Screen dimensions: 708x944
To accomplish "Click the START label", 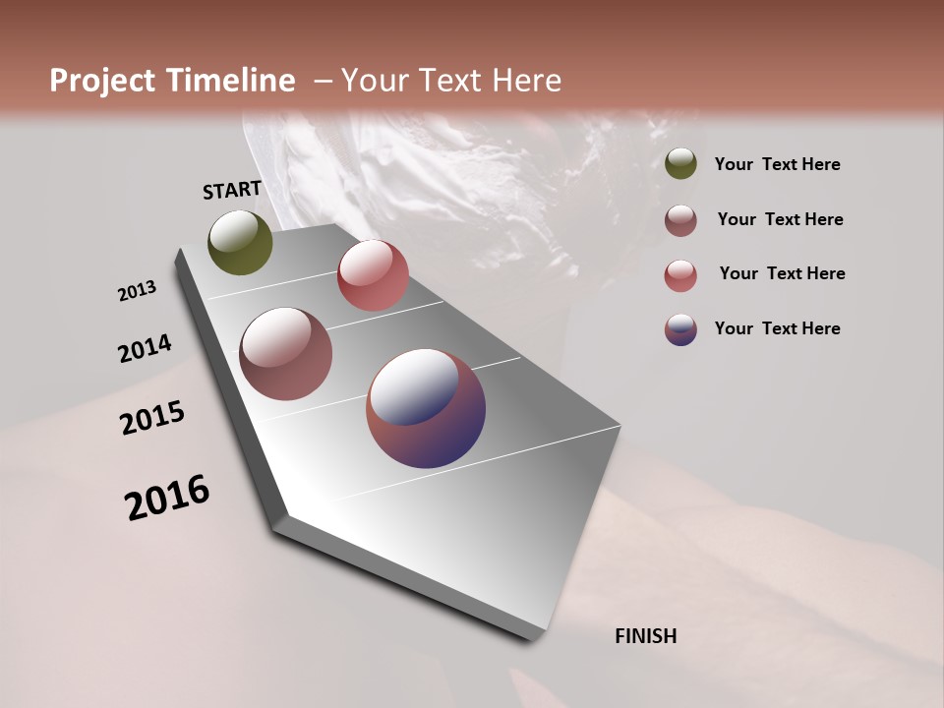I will click(232, 190).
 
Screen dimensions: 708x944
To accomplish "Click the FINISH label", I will click(645, 636).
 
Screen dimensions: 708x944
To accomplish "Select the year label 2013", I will click(137, 291).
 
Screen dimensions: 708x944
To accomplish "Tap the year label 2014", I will click(145, 349).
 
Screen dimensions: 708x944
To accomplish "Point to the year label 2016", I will click(167, 498).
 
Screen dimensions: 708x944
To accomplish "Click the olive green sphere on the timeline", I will click(240, 242).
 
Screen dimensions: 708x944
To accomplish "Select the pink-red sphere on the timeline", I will click(373, 275).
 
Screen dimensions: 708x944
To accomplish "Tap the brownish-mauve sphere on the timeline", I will click(285, 354).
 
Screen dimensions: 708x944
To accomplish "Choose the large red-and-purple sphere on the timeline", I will click(426, 408).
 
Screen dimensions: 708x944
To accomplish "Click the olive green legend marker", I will click(680, 164).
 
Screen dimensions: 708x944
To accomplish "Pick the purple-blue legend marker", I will click(680, 329).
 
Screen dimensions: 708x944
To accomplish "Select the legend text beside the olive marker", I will click(777, 164).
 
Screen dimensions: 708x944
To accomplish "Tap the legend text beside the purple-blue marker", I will click(777, 328).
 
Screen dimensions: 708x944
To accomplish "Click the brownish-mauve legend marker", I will click(680, 220).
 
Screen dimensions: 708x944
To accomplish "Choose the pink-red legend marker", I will click(680, 275).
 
